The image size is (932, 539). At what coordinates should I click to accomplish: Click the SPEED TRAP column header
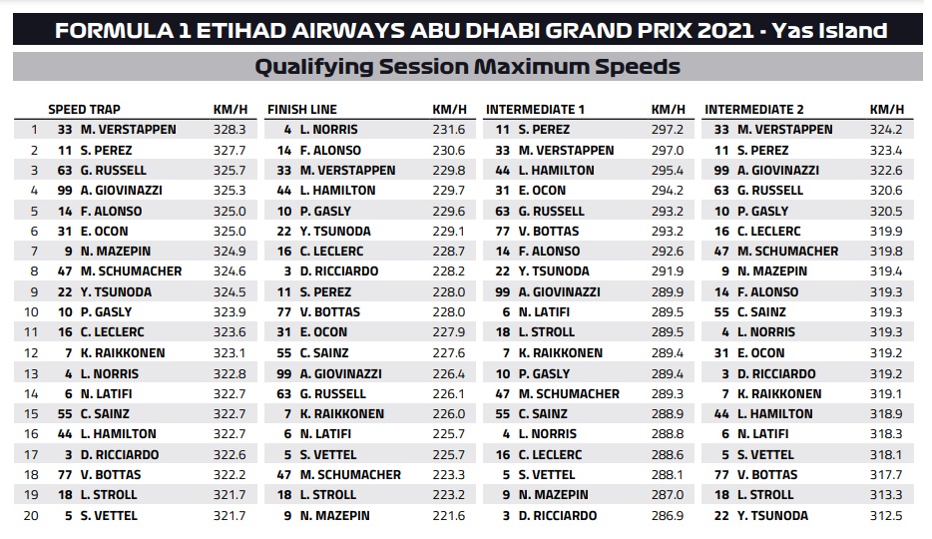point(84,109)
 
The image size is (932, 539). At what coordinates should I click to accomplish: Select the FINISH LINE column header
point(301,109)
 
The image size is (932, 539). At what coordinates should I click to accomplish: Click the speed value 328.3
point(229,130)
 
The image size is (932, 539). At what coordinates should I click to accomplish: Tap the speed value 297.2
point(667,130)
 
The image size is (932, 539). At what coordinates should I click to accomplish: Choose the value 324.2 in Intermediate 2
point(886,130)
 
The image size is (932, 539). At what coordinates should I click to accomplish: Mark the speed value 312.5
point(886,516)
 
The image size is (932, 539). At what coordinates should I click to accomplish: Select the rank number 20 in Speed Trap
point(34,516)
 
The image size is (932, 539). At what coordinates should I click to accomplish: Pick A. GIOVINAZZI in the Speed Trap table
point(122,191)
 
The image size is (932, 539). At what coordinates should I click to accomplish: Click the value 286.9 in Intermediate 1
point(667,516)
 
